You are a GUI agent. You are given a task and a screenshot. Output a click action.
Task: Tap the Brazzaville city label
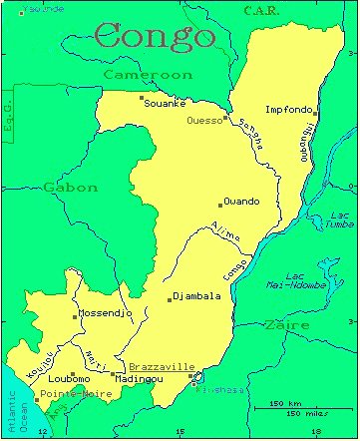[162, 367]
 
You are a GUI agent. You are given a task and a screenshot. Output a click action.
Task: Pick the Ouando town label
[242, 201]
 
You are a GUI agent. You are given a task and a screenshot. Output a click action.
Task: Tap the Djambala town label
[196, 296]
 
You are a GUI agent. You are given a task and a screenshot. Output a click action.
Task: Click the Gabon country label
[70, 187]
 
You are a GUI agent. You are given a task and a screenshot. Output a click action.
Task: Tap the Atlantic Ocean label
[10, 410]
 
